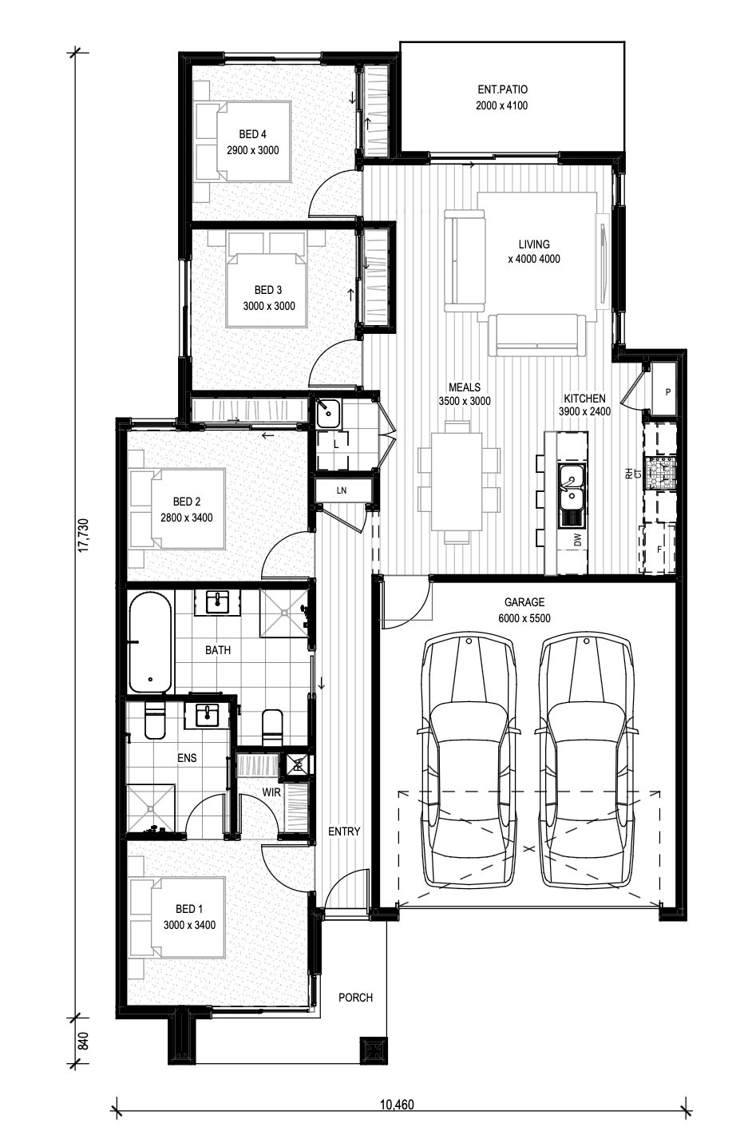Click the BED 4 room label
coord(252,134)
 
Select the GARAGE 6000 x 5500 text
coord(524,610)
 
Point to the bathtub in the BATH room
coord(149,643)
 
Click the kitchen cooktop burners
coord(660,472)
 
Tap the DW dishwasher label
coord(577,539)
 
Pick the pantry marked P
coord(663,388)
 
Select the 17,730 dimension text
coord(83,535)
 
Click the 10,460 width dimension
coord(397,1104)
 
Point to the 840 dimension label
coord(84,1041)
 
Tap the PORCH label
coord(355,998)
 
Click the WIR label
coord(271,792)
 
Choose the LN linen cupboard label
coord(342,490)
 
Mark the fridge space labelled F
coord(659,549)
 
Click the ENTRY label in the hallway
coord(344,831)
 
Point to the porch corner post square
coord(374,1050)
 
